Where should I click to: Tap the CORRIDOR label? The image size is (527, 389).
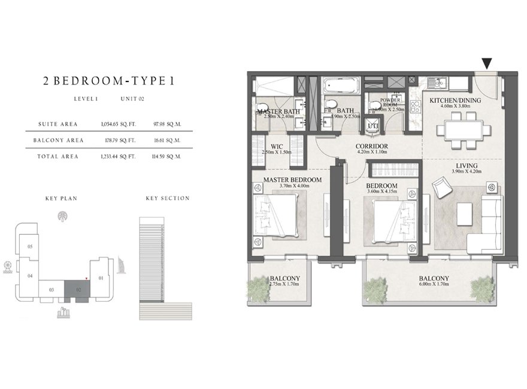(372, 146)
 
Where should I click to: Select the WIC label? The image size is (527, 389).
(277, 146)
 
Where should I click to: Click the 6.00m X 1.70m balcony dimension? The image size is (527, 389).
(435, 286)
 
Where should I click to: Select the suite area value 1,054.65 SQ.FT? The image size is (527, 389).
(119, 124)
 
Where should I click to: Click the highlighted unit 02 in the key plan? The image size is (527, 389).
(78, 289)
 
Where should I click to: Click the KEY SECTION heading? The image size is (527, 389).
(167, 198)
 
